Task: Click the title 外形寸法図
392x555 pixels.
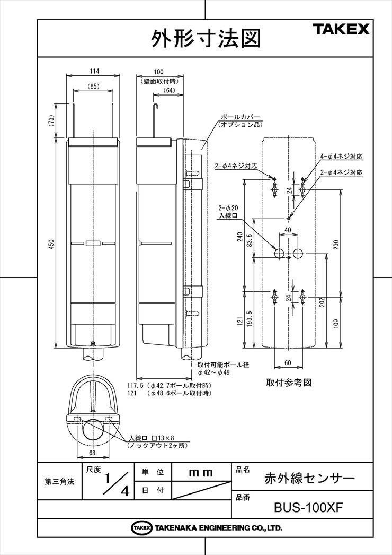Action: click(x=206, y=38)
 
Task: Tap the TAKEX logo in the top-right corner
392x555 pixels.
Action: click(x=342, y=29)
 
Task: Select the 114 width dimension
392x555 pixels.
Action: click(x=94, y=71)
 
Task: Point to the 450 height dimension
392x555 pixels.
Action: click(x=51, y=244)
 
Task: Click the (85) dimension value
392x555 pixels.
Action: click(x=94, y=86)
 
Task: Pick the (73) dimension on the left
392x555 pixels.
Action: click(x=51, y=120)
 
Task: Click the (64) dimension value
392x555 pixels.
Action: click(x=170, y=90)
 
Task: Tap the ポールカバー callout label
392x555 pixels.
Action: click(x=240, y=117)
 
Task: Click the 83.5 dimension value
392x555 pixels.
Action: click(x=249, y=239)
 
